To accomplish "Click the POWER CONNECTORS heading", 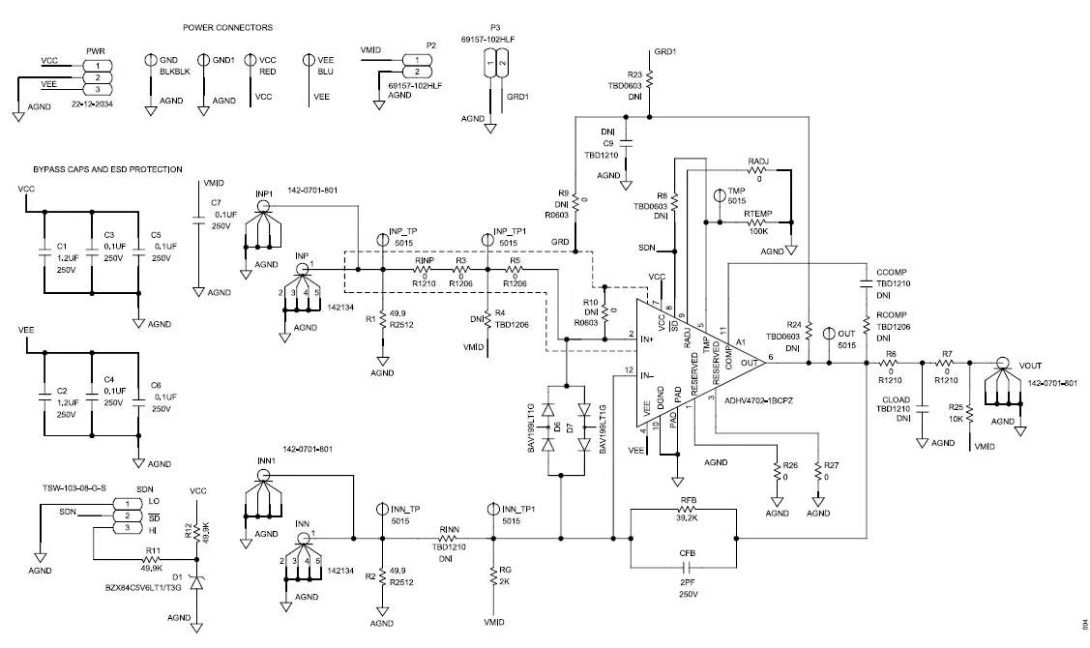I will point(227,28).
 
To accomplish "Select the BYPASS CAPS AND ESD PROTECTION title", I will point(107,169).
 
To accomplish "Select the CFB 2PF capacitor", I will point(688,566).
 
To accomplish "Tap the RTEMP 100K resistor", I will point(756,221).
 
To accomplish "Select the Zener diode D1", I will point(197,584).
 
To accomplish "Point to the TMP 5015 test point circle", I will point(719,195).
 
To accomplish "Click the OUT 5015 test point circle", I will point(829,335).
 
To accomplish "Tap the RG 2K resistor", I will point(493,579).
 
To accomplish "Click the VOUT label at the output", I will point(1032,366).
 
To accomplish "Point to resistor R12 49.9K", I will point(197,532).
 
